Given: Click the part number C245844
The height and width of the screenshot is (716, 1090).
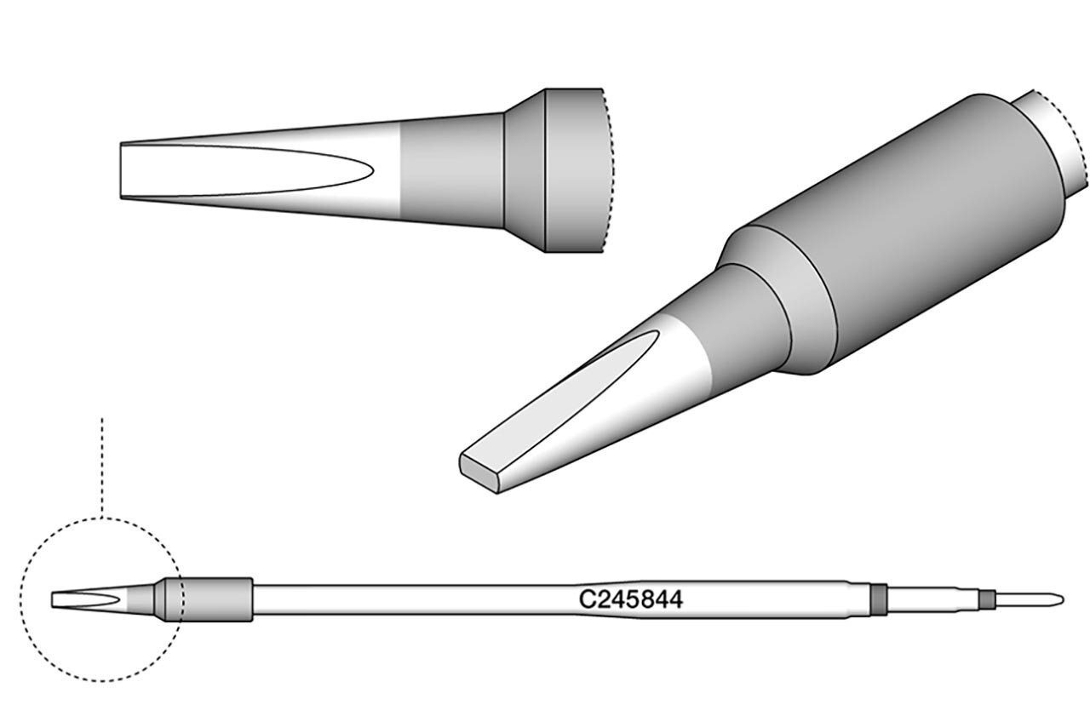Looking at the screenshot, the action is point(631,599).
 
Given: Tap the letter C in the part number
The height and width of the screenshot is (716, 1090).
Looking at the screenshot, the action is point(587,599).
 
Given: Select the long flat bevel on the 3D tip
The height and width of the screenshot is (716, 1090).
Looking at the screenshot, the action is point(559,394).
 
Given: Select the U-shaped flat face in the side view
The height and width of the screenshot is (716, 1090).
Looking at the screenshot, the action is point(244,170).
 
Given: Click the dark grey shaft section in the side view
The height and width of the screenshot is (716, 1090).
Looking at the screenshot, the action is point(451,170).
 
